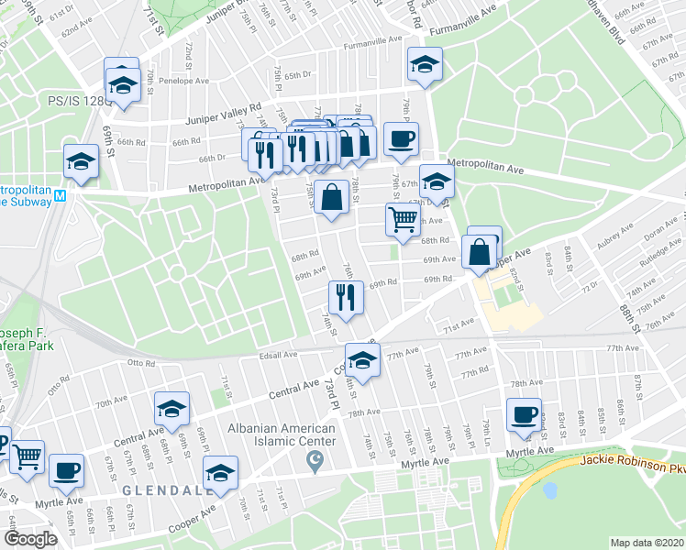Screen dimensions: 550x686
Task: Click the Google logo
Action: [x=29, y=539]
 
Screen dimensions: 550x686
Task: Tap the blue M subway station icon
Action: [x=61, y=195]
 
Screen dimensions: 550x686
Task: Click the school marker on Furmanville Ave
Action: [x=425, y=65]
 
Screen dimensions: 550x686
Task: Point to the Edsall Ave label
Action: [x=279, y=354]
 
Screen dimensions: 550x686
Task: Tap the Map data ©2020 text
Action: [x=647, y=542]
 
